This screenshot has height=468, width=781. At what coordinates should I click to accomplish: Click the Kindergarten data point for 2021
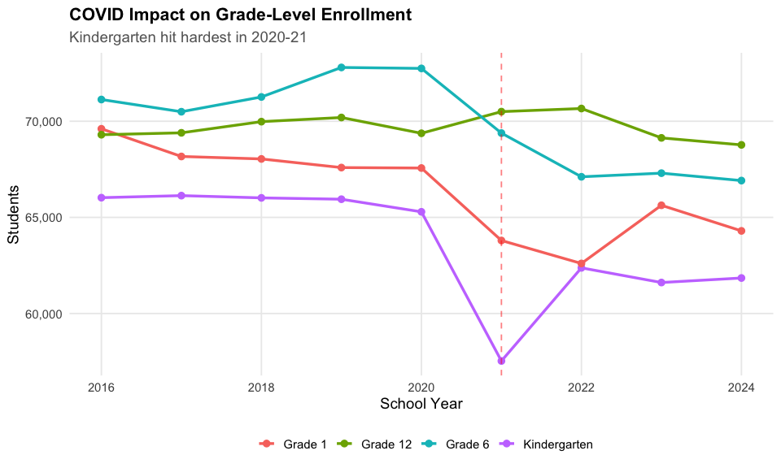tap(501, 361)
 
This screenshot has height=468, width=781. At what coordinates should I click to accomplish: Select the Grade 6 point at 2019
tap(341, 67)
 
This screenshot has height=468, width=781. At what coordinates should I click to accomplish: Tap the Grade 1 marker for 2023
tap(661, 206)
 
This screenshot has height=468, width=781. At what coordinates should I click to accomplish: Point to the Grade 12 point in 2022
tap(581, 108)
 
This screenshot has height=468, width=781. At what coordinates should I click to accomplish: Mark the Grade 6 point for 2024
tap(741, 180)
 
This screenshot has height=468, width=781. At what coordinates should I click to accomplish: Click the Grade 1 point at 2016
tap(101, 129)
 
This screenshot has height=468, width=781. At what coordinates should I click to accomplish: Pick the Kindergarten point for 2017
tap(181, 196)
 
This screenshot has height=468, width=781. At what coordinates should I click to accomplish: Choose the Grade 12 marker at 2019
tap(341, 118)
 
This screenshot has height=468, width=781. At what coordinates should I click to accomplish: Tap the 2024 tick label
tap(741, 387)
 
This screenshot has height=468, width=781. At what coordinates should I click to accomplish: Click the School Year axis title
tap(421, 404)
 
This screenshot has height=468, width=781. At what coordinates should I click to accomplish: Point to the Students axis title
tap(13, 214)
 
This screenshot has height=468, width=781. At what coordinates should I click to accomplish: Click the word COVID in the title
tap(95, 15)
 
